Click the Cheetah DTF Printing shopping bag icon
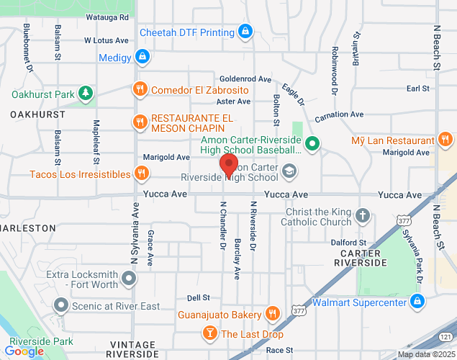coord(246,32)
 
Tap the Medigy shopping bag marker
coord(142,55)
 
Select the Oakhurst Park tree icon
coord(86,94)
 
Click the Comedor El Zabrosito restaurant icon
coord(140,90)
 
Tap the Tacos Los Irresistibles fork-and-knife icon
coord(142,174)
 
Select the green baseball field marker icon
coord(312,144)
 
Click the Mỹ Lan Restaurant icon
coord(445,140)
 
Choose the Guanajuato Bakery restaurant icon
coord(272,313)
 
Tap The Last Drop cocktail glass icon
coord(209,333)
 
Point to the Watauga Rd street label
coord(107,16)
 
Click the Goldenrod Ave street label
coord(245,78)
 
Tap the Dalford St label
coord(353,243)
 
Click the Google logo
coord(23,351)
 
